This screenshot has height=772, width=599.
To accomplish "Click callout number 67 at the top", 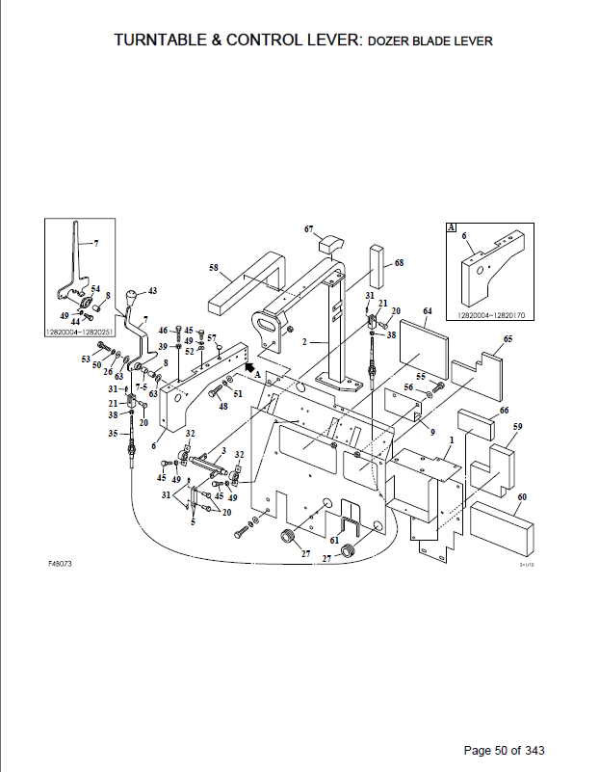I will coord(309,229).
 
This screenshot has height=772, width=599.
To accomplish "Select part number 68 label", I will coord(399,262).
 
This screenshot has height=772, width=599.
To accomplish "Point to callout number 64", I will coord(428,311).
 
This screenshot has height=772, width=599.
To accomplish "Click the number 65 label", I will coord(508,339).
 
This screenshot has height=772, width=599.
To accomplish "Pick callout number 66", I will coord(504,411).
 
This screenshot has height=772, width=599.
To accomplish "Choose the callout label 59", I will coord(517,426).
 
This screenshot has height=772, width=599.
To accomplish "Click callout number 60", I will coord(522,497).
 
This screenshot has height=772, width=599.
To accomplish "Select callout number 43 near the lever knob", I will coord(152,290).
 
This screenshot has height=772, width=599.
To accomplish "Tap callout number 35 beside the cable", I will coord(112,433).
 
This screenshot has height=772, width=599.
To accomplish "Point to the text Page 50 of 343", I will coord(506,751).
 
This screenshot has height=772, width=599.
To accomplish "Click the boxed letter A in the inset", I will coord(450,227).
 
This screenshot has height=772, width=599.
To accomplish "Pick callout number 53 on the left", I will coord(85,359).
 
